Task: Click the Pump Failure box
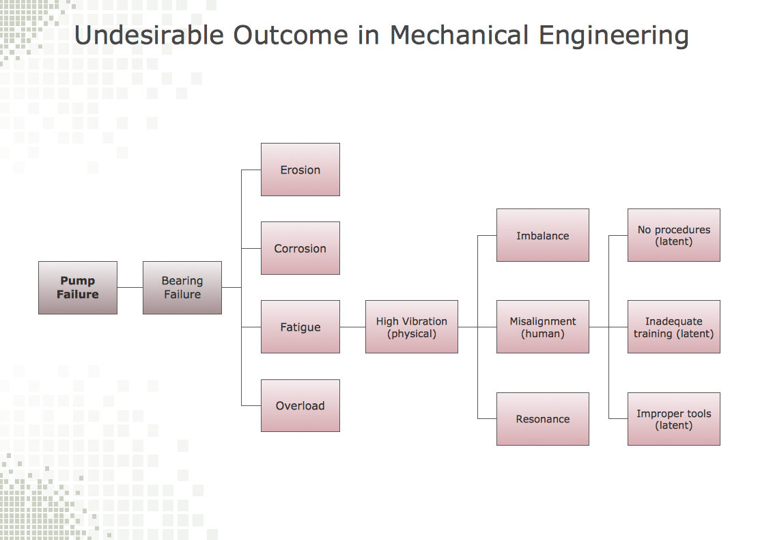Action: click(x=77, y=288)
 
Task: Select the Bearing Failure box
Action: click(x=182, y=288)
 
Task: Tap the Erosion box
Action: click(x=300, y=170)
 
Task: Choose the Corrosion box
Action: click(x=300, y=248)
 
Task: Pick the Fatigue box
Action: click(x=300, y=327)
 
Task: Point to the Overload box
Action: click(x=300, y=405)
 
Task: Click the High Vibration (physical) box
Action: click(x=411, y=327)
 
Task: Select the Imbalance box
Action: click(x=542, y=235)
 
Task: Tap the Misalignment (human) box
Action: click(x=542, y=327)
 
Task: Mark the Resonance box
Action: click(x=542, y=419)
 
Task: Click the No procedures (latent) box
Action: click(x=673, y=235)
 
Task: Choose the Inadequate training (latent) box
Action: click(x=673, y=327)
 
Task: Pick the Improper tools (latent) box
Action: click(x=673, y=419)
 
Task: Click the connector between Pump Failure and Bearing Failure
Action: click(x=130, y=288)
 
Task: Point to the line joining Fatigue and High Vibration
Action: click(x=352, y=327)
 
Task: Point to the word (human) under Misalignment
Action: click(x=542, y=334)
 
